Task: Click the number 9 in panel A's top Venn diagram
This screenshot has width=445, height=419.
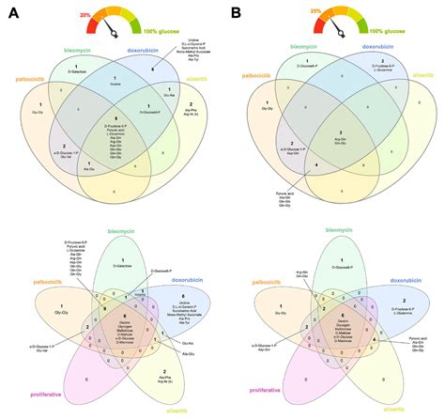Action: coord(115,116)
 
